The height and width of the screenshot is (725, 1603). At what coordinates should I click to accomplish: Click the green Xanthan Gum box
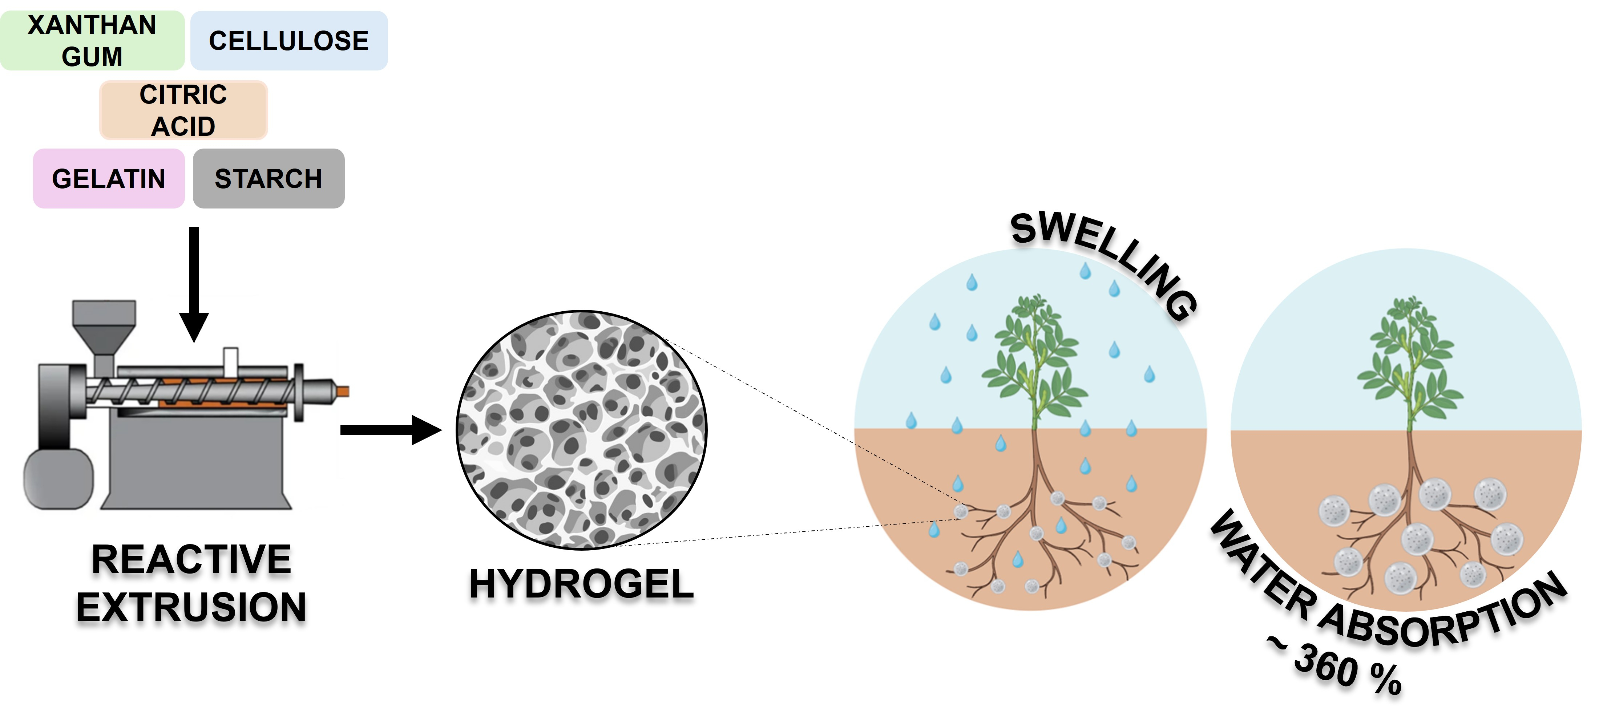(92, 40)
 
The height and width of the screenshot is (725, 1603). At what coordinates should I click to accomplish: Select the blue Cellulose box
(289, 40)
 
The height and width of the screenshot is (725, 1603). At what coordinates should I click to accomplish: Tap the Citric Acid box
(183, 110)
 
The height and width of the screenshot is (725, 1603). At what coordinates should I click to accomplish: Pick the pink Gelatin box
(109, 179)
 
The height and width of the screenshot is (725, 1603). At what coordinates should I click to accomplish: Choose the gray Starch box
(268, 179)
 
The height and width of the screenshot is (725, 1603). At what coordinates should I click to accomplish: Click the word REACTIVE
(191, 559)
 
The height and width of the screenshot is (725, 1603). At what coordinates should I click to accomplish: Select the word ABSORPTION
(1444, 616)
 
